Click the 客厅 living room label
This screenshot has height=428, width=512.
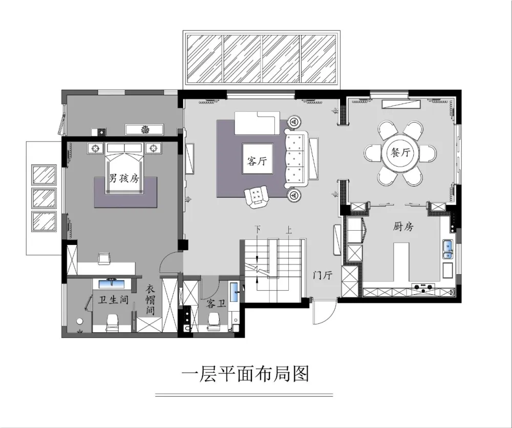(x=257, y=161)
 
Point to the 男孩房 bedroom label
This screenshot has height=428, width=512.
(x=123, y=178)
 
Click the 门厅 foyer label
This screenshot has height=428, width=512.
(x=323, y=275)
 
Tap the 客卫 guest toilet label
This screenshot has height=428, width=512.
(x=216, y=304)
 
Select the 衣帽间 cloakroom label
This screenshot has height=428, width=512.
(x=150, y=299)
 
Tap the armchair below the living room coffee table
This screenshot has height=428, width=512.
(x=257, y=196)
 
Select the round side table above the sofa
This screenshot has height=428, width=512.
(x=294, y=122)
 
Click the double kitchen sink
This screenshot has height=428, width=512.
(x=447, y=249)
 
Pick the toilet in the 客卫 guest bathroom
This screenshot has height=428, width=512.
(x=214, y=321)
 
